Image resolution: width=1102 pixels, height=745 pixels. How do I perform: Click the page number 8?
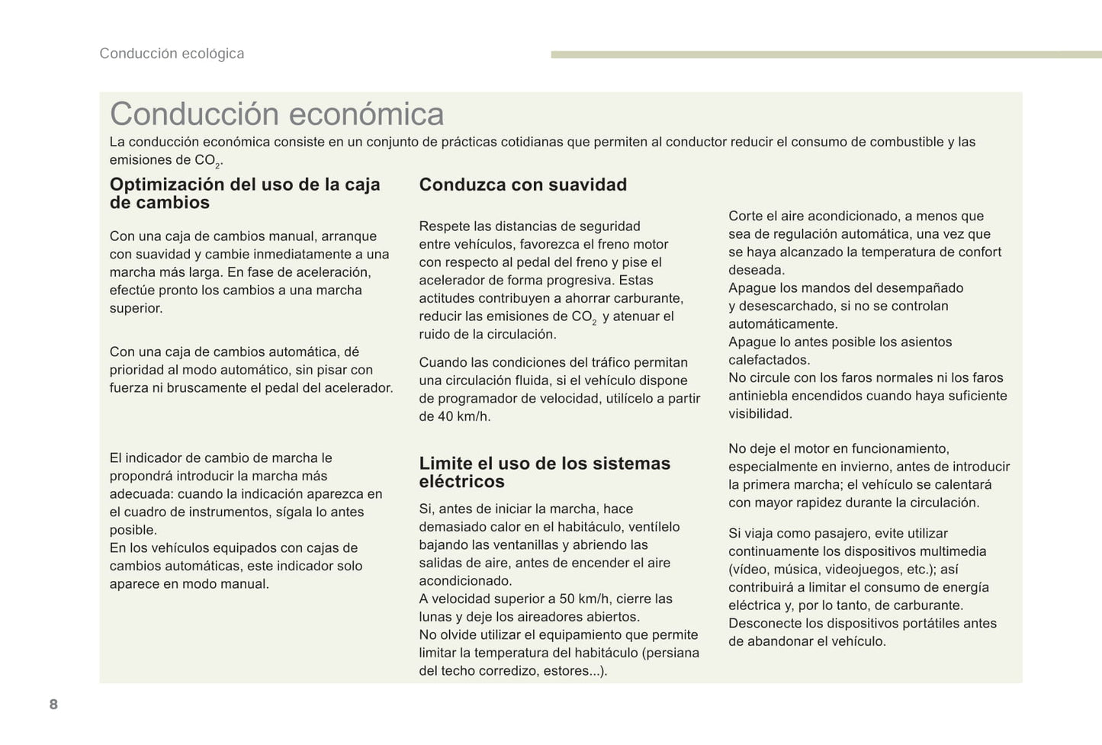tap(53, 704)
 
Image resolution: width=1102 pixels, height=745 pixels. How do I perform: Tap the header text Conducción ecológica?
tap(172, 53)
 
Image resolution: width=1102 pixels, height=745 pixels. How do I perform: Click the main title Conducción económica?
tap(277, 114)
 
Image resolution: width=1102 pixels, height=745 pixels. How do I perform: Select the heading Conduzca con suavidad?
tap(523, 185)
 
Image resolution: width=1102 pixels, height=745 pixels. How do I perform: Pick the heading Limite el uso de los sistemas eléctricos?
tap(545, 472)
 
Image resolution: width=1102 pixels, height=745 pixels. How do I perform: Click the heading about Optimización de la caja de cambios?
tap(245, 193)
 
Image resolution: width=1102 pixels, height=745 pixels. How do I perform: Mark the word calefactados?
tap(769, 360)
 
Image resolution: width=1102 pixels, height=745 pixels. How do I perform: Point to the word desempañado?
tap(919, 287)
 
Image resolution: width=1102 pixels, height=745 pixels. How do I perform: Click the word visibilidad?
tap(760, 414)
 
